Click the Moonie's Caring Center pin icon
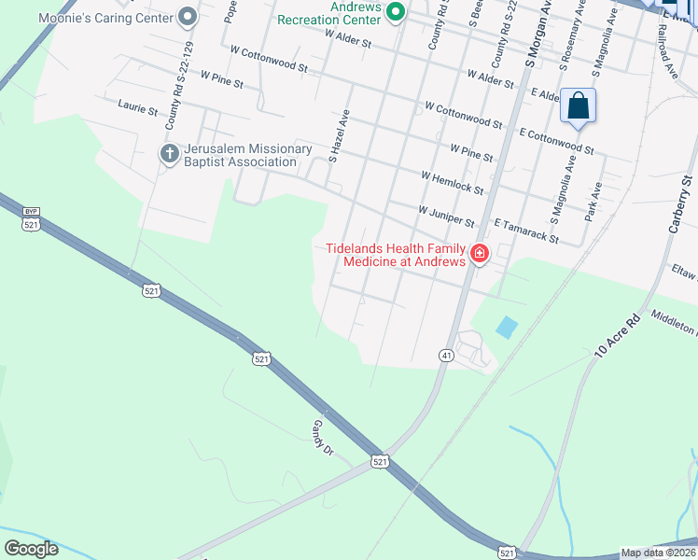188,16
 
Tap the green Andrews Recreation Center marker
395,11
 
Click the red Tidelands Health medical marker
480,254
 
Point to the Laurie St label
138,109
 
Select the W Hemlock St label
452,183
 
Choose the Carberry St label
678,204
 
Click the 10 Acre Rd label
618,337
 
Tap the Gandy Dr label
323,436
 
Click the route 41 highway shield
446,355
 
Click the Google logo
31,549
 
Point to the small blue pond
506,327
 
